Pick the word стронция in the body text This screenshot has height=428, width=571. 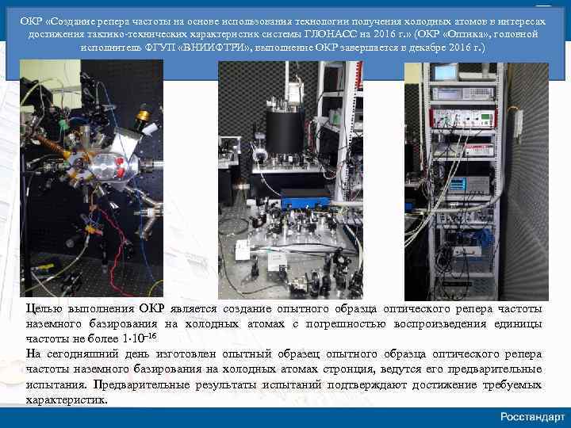tap(346, 369)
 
